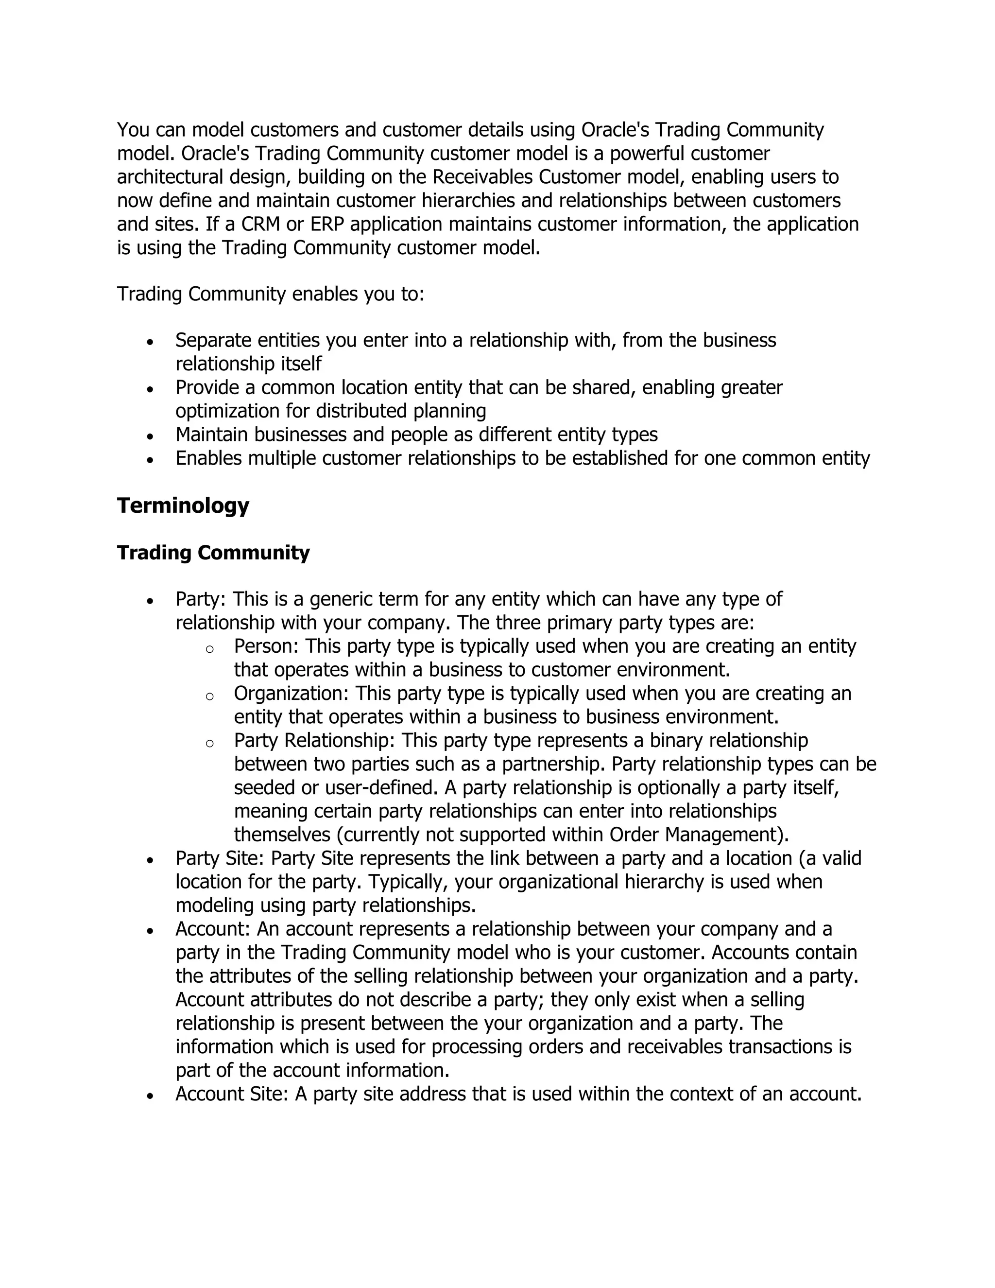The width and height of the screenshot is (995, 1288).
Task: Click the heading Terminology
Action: click(183, 505)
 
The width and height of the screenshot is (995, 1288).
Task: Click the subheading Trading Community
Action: click(213, 553)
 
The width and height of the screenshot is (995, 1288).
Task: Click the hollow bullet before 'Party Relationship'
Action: click(209, 744)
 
